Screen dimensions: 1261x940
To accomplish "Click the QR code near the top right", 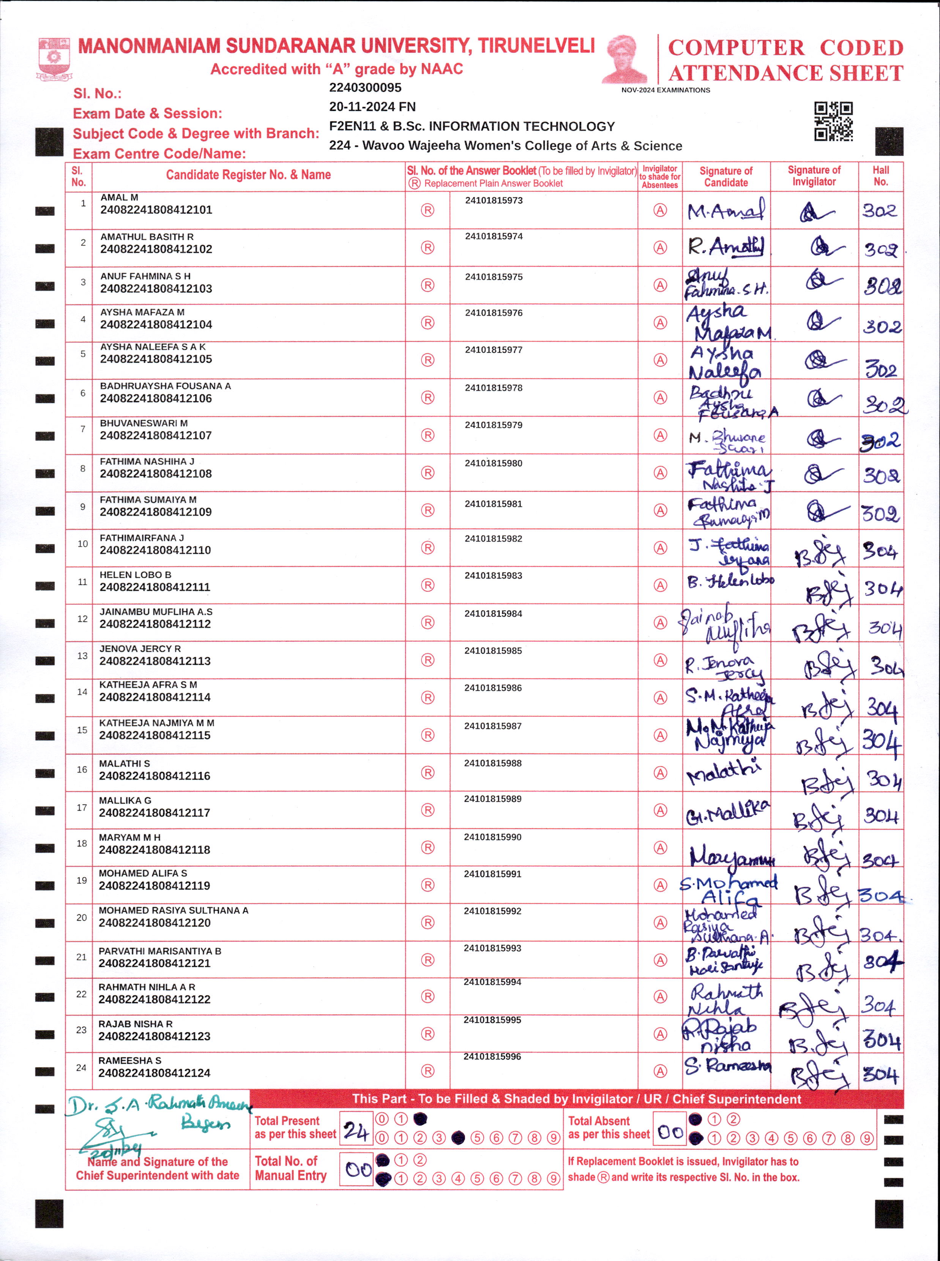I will click(833, 121).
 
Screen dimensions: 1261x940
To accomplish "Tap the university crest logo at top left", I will click(54, 58).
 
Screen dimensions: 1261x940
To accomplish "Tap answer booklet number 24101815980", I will click(493, 463).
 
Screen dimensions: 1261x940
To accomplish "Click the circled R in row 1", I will click(427, 210).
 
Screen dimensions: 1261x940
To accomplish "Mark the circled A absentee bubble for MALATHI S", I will click(660, 773).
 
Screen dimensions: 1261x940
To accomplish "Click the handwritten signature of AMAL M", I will click(726, 212).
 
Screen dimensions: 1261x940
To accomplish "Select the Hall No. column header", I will click(880, 176).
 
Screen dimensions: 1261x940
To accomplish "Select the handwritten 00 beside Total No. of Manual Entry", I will click(358, 1170).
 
